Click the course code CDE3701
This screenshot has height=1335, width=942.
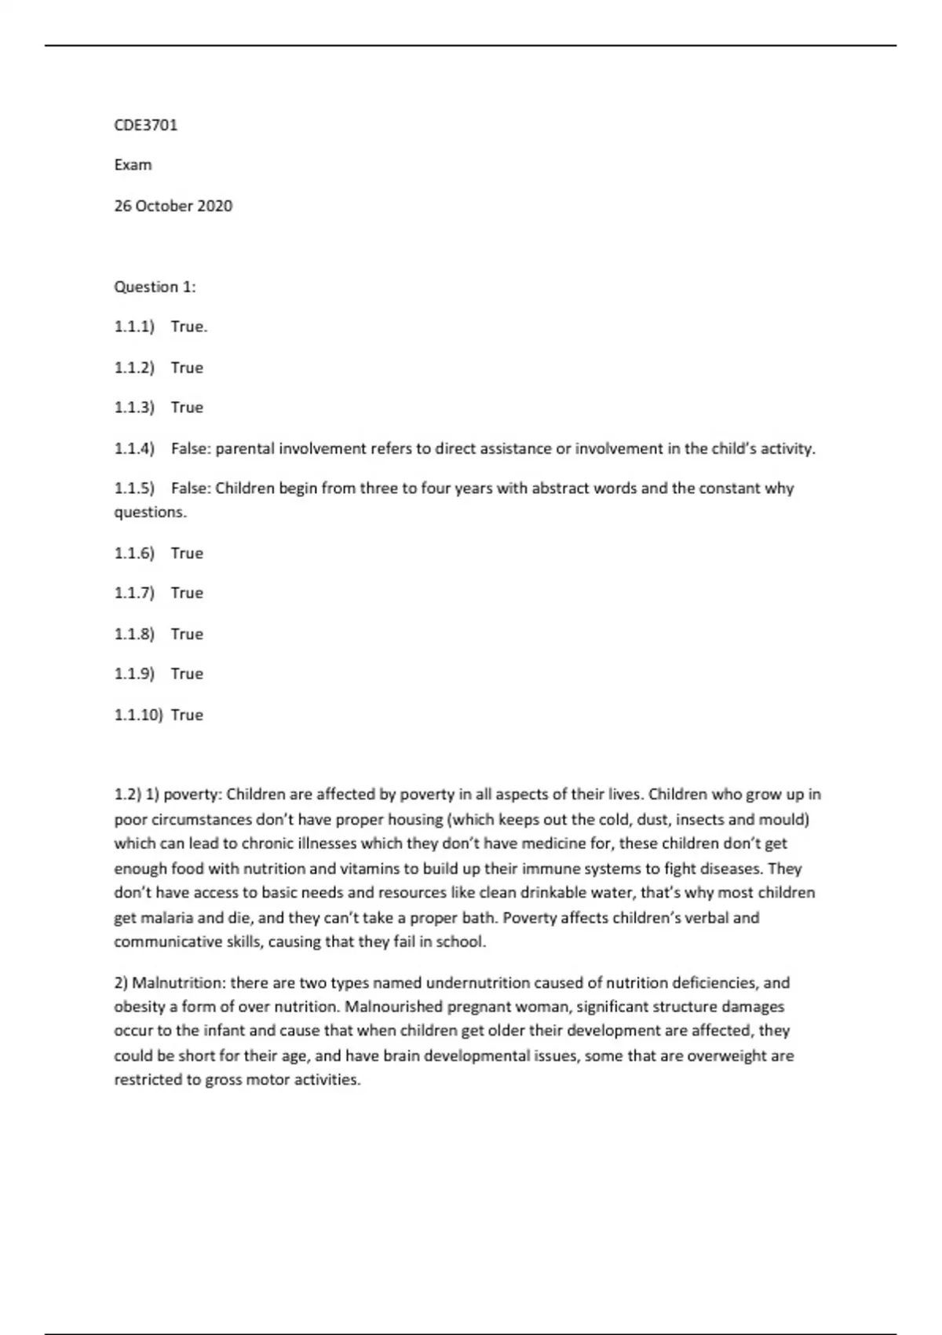click(x=146, y=125)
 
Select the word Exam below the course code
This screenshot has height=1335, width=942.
click(x=133, y=165)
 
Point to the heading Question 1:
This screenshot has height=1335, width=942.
click(x=155, y=287)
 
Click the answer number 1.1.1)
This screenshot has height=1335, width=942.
click(x=134, y=327)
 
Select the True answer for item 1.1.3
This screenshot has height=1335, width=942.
click(x=187, y=408)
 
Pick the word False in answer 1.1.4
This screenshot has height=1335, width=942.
click(x=190, y=448)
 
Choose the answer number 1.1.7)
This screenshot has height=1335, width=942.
click(x=134, y=593)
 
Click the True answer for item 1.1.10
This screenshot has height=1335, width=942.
click(x=187, y=715)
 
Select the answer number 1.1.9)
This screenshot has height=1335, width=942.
click(x=134, y=674)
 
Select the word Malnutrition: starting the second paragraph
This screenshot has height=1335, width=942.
click(x=179, y=983)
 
